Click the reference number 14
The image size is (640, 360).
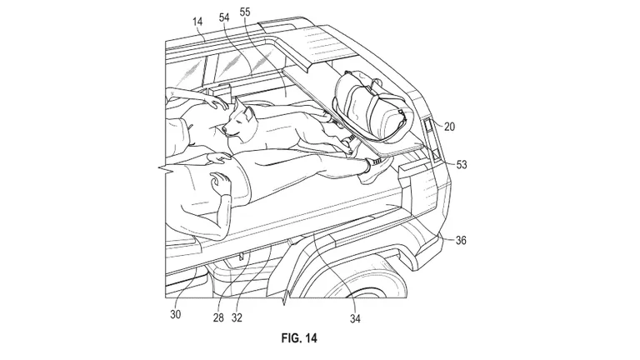197,21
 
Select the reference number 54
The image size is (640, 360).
224,17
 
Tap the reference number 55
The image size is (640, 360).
245,12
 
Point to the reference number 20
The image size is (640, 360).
449,127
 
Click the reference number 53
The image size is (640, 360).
461,165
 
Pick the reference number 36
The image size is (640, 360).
461,240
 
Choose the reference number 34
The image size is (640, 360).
355,319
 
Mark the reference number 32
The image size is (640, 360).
237,317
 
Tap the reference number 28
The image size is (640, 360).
218,317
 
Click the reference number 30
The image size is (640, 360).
176,314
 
